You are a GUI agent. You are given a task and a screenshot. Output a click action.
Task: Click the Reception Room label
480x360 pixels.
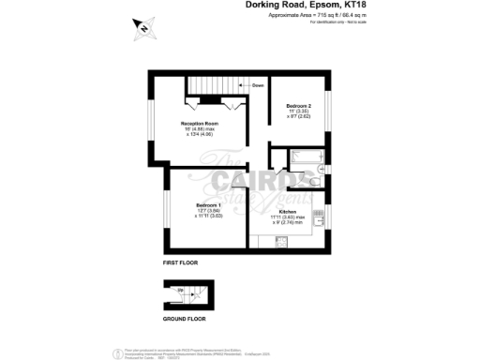pos(200,123)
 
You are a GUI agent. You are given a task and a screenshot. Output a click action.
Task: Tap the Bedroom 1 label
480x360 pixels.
pos(208,205)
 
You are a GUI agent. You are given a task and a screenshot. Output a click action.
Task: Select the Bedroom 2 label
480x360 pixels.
pos(298,106)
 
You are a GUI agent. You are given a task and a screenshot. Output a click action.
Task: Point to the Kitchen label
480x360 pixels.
pos(288,212)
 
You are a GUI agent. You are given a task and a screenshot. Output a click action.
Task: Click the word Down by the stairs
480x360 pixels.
pos(257,86)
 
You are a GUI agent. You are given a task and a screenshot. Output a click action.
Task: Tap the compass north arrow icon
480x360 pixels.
pos(142,26)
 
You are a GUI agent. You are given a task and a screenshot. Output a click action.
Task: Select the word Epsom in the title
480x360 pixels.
pos(322,6)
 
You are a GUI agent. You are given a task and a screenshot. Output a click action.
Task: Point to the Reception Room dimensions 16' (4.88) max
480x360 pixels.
pos(200,128)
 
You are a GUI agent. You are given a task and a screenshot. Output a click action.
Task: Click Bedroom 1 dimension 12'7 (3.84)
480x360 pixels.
pos(208,211)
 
